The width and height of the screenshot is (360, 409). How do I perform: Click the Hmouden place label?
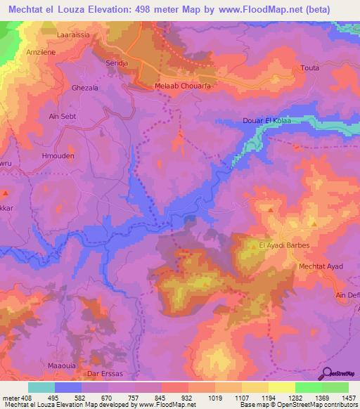point(58,157)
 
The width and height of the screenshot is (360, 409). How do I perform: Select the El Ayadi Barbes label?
point(284,245)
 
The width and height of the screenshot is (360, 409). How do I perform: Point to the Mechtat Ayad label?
point(303,267)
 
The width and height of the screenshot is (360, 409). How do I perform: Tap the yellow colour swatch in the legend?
point(257,387)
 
